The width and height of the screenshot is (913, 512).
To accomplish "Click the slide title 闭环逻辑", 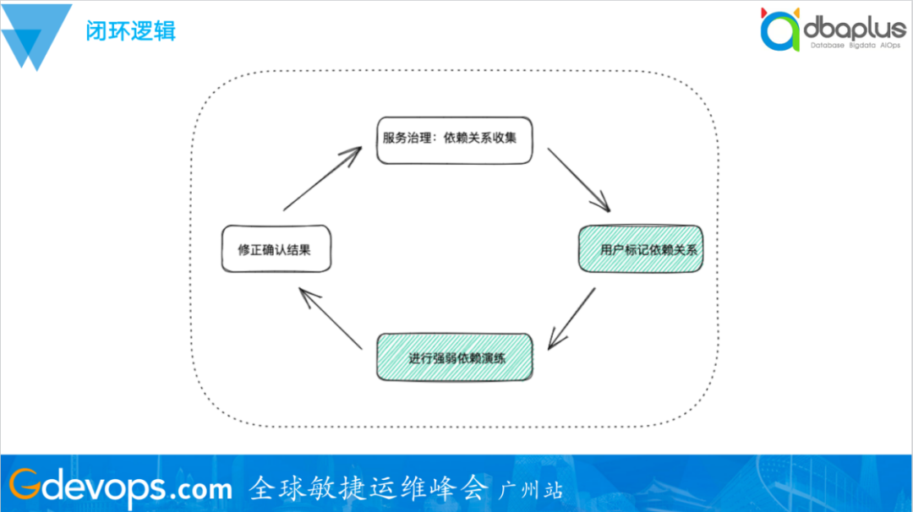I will coord(130,31).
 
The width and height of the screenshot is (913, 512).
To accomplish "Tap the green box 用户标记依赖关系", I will coord(641,249).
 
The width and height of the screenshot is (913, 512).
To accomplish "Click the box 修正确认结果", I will coord(276,249).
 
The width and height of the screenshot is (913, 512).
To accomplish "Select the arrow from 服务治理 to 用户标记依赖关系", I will coord(578,179).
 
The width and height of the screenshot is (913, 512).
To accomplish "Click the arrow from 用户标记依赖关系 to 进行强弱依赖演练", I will coord(571,318).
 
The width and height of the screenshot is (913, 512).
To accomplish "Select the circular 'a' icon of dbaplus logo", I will coord(779,31).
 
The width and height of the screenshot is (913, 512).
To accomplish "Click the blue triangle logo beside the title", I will coord(36,38).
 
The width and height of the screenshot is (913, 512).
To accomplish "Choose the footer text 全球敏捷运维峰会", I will coord(369,487).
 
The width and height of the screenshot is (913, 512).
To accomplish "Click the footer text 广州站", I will coord(532,489).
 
